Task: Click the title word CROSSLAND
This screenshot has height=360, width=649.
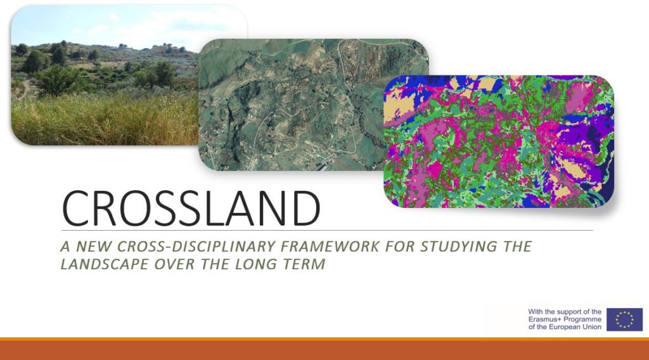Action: (x=191, y=208)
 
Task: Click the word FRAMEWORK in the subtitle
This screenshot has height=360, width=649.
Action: (x=330, y=246)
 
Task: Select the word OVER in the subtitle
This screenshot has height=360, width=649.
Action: (x=174, y=264)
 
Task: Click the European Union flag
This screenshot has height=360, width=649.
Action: (x=624, y=319)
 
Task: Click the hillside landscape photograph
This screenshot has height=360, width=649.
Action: (x=105, y=76)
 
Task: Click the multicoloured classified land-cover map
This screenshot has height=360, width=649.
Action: (x=499, y=141)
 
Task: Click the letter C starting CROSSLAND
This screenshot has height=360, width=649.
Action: (x=75, y=208)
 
